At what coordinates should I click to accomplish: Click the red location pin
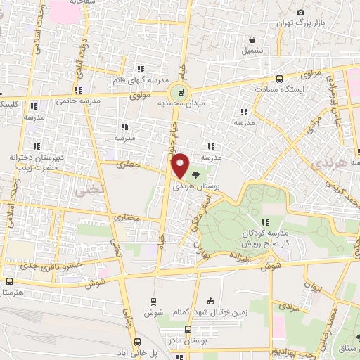coord(180,165)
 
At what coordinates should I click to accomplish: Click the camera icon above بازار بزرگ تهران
coord(301,13)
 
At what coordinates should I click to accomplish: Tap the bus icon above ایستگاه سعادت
coord(280,79)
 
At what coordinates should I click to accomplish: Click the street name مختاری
coord(128,219)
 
